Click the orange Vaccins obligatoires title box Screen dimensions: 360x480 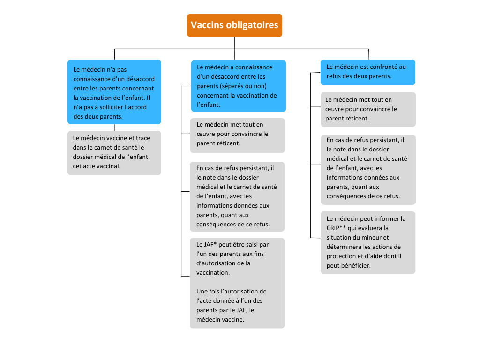(x=234, y=25)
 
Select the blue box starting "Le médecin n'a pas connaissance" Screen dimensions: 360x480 (x=114, y=92)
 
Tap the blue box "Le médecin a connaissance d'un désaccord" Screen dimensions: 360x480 (x=238, y=86)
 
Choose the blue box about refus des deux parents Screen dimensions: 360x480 (x=367, y=72)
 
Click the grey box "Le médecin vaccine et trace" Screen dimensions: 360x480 (x=114, y=152)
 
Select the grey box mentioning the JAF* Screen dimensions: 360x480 (x=237, y=283)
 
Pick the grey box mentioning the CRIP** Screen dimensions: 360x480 (x=368, y=242)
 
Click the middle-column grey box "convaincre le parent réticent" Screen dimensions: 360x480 (x=237, y=135)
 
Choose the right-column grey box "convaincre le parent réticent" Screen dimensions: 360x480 (x=368, y=109)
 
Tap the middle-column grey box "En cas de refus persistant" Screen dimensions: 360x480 (x=237, y=196)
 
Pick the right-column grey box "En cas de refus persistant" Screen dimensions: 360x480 (x=368, y=169)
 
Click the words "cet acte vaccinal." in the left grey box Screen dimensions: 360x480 (x=97, y=166)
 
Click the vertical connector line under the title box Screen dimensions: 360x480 (x=234, y=43)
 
